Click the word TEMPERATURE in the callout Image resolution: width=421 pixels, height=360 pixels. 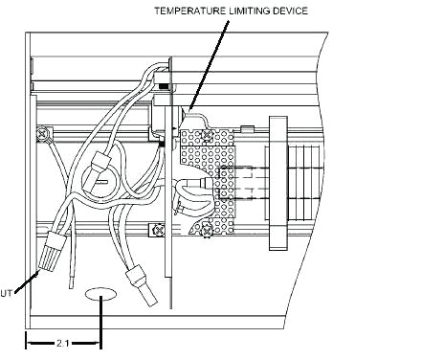(189, 11)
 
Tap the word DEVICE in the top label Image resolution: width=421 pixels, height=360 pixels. (291, 11)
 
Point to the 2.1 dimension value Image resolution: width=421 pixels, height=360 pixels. (62, 344)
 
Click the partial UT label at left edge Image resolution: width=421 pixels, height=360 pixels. (6, 293)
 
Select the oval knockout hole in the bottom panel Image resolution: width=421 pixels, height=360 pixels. (100, 294)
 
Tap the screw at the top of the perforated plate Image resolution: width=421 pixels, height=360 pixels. (207, 135)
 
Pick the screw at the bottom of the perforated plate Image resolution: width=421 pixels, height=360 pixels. (207, 231)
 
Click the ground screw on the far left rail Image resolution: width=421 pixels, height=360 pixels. (42, 133)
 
